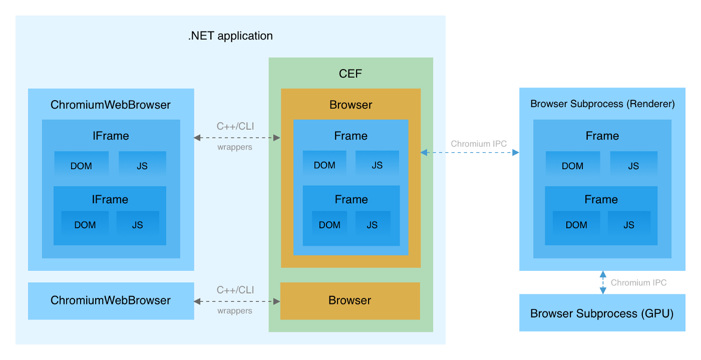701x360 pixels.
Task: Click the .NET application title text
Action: (230, 36)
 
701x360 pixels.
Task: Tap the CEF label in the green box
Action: (350, 74)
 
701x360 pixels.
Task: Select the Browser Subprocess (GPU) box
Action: (602, 313)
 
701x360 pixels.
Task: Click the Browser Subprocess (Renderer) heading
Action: (602, 104)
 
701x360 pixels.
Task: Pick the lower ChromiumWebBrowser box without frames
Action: (111, 300)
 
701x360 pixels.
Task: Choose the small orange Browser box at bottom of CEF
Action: (349, 300)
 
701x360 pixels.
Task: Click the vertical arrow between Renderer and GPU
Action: (603, 282)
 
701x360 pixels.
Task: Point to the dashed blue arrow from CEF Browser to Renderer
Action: (470, 153)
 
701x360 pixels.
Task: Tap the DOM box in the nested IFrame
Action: (85, 225)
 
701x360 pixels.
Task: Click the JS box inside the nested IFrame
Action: (138, 225)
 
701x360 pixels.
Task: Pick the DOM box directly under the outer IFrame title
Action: (81, 166)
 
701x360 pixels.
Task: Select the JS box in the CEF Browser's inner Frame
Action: (373, 225)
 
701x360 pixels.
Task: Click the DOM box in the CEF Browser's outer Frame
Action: (324, 165)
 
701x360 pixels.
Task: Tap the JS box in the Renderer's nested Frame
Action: (629, 225)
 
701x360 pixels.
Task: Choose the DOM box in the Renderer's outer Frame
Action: (572, 166)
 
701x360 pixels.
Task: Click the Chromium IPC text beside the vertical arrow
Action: (638, 283)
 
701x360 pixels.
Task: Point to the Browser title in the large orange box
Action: (350, 105)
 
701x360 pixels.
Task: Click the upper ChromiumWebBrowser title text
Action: (111, 105)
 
